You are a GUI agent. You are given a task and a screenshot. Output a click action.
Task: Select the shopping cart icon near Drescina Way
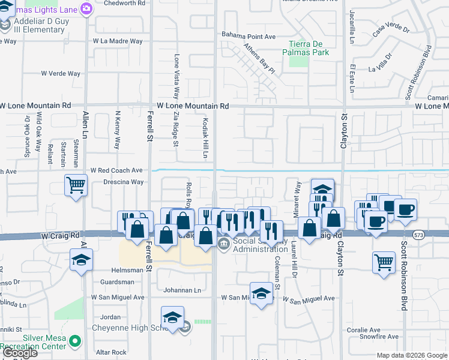click(x=76, y=185)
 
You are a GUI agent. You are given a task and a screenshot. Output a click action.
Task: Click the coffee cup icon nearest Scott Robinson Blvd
click(x=405, y=209)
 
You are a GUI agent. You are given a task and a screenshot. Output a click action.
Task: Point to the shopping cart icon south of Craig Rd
click(x=384, y=262)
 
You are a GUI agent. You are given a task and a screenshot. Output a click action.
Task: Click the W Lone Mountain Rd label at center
click(x=193, y=106)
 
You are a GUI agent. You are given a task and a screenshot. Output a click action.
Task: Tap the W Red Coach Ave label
click(x=116, y=170)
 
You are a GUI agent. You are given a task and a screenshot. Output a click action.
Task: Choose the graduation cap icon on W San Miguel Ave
click(x=261, y=293)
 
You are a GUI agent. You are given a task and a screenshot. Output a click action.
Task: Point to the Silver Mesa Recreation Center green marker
click(x=75, y=341)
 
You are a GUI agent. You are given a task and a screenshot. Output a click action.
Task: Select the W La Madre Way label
click(x=118, y=41)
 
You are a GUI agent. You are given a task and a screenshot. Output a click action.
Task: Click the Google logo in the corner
click(x=21, y=353)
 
